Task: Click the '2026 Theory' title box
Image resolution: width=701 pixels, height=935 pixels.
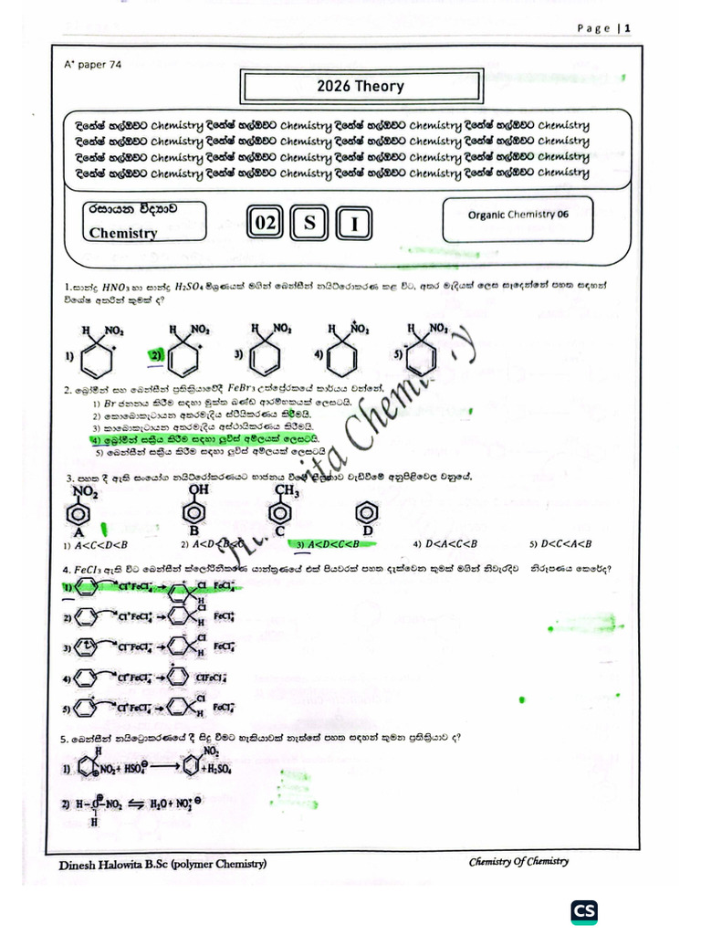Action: (x=360, y=87)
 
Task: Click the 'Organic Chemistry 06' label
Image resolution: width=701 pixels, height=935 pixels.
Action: (x=517, y=215)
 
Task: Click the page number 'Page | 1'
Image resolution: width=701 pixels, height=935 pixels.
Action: (x=605, y=28)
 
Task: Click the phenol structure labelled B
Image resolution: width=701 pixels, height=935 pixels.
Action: (x=194, y=511)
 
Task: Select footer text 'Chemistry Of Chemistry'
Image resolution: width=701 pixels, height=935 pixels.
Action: (x=518, y=861)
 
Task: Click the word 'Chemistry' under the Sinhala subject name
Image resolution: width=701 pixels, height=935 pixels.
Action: (x=123, y=233)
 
